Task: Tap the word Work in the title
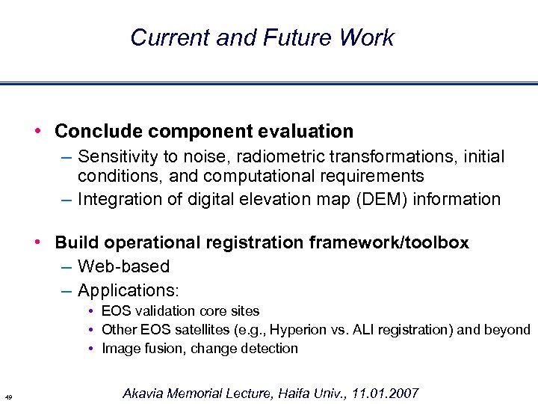366,37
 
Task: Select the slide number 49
7,396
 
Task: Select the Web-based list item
123,266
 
